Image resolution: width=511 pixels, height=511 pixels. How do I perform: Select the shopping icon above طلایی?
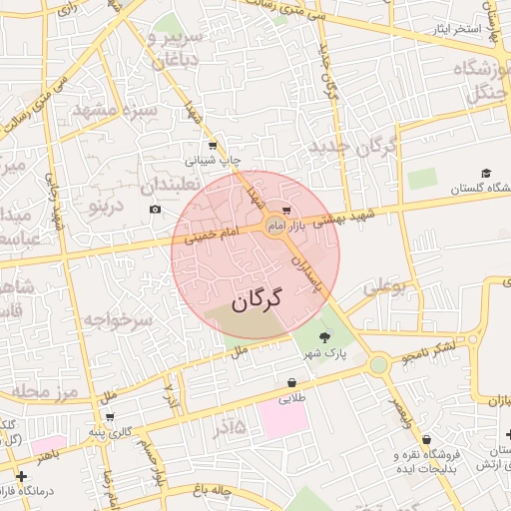(x=291, y=382)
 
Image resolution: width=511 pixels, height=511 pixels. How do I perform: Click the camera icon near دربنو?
(x=155, y=209)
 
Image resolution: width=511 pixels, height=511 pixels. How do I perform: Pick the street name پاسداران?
(x=310, y=270)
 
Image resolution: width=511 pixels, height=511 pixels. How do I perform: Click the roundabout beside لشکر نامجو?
(x=377, y=364)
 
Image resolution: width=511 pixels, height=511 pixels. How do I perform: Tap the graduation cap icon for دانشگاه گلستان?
(x=486, y=174)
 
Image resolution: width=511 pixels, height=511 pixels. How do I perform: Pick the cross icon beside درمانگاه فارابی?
(x=21, y=477)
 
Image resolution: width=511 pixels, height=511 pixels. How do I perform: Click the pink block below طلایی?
(x=282, y=417)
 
